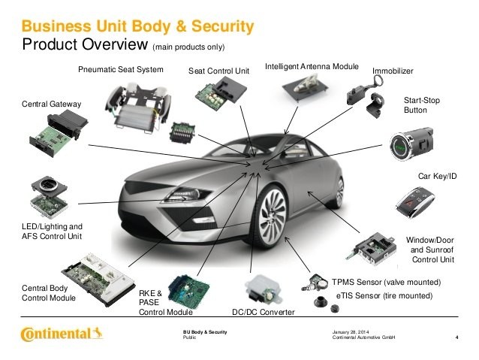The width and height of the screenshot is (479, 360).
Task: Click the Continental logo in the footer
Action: tap(62, 334)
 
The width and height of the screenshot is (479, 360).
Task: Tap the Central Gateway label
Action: tap(51, 104)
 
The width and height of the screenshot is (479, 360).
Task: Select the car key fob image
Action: tap(415, 202)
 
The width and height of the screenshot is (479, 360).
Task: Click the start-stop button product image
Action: tap(411, 144)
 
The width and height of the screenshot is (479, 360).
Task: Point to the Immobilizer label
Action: tap(393, 71)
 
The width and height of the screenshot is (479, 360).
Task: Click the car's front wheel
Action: tap(272, 217)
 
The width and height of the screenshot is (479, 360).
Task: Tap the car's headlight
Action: tap(186, 195)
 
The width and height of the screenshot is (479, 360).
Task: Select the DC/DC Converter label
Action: tap(263, 313)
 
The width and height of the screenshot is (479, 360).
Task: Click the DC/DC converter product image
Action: tap(263, 290)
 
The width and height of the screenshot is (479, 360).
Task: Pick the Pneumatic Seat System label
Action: tap(121, 69)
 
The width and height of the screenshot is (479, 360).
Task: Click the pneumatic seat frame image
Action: tap(138, 107)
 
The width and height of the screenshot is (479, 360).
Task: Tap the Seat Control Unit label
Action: tap(218, 71)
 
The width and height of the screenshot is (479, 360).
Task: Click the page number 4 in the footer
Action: tap(456, 337)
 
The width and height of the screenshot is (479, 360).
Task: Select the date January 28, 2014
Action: tap(351, 332)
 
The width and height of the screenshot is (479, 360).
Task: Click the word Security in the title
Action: tap(223, 26)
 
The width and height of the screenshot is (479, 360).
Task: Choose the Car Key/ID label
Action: tap(437, 176)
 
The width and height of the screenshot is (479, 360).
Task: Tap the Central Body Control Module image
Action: tap(98, 280)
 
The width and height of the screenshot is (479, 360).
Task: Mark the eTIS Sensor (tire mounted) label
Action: tap(384, 296)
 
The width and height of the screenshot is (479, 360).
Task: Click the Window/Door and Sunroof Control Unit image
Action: tap(372, 248)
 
